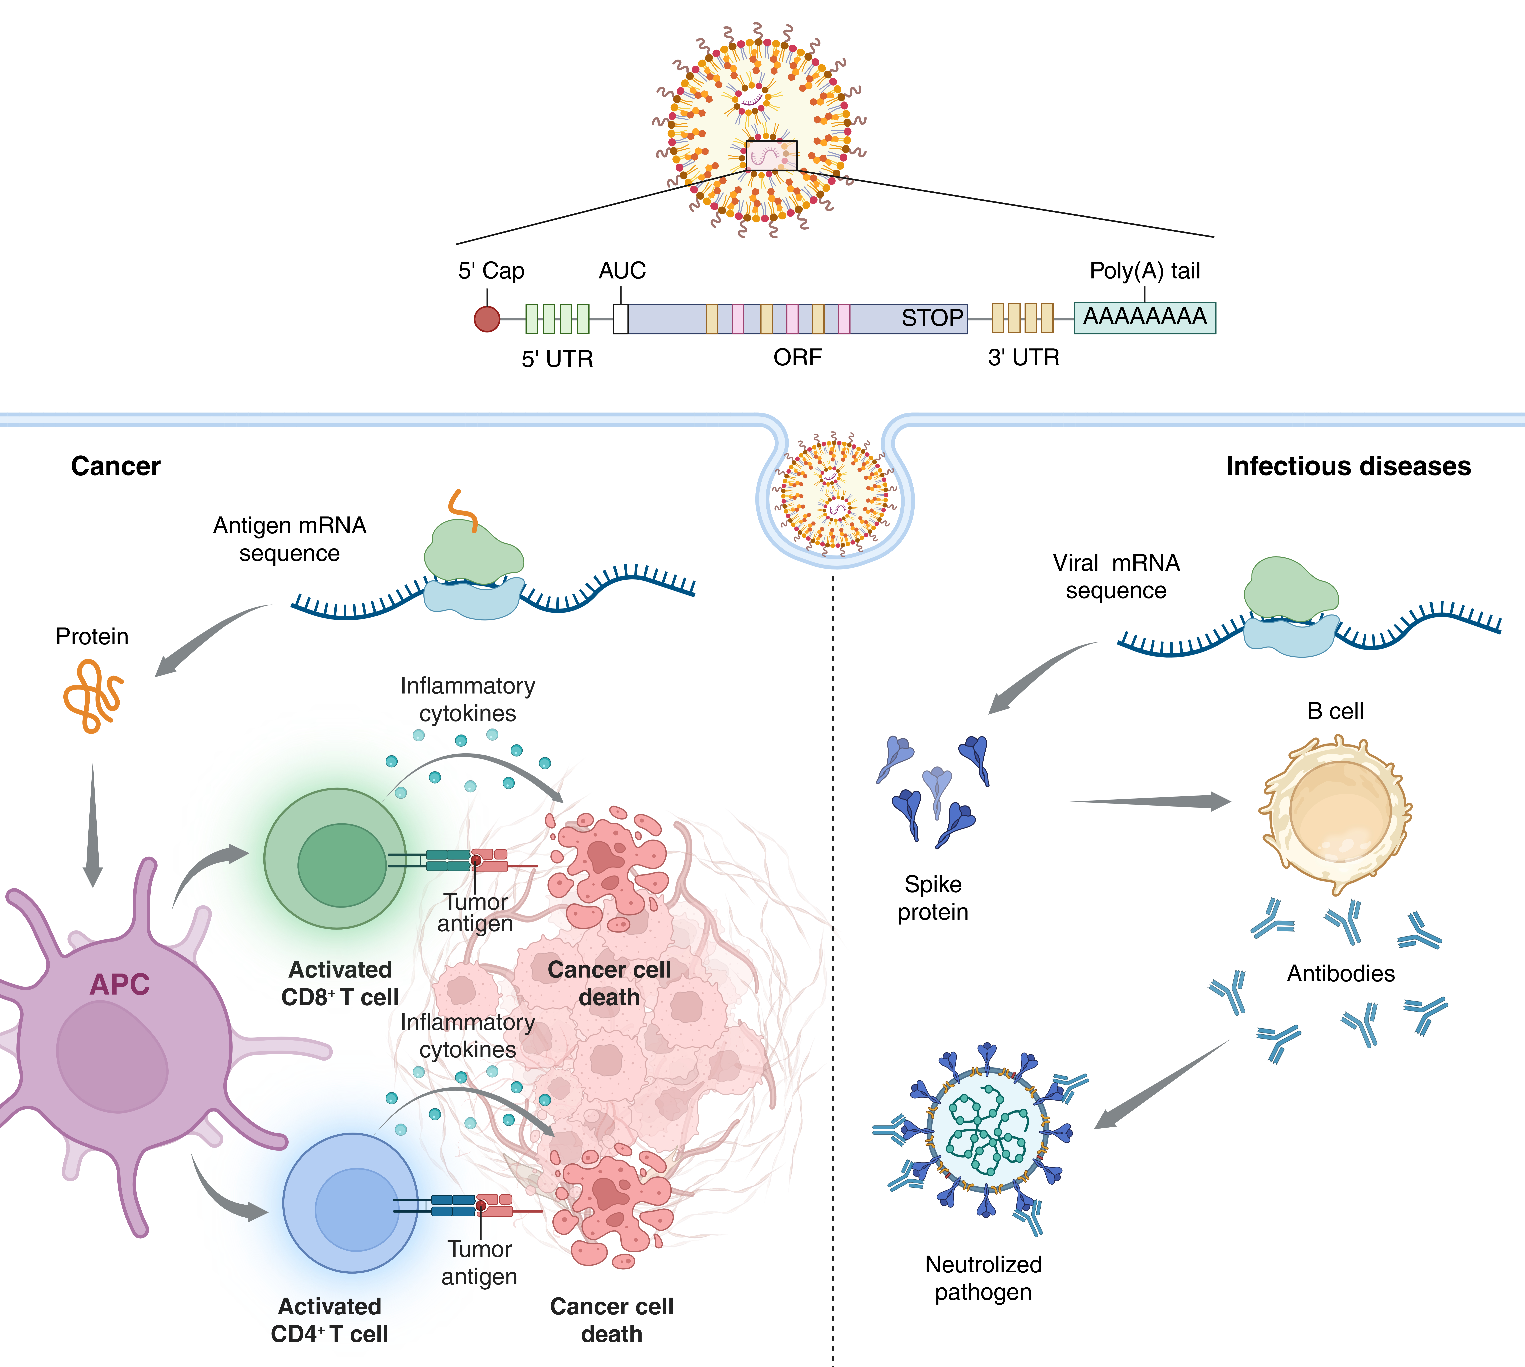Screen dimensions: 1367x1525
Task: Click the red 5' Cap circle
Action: pos(487,318)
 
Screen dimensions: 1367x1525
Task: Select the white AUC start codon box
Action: pos(620,318)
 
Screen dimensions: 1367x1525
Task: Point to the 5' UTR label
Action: pos(557,359)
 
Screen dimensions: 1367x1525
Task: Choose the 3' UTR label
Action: pos(1023,357)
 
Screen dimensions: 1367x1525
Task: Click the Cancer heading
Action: pos(116,466)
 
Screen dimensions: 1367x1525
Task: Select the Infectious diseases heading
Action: pos(1348,466)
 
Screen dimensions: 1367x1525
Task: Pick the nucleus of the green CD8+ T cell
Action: pos(342,865)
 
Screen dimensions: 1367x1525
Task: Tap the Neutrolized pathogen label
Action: pos(983,1278)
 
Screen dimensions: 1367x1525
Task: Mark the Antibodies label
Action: pos(1340,973)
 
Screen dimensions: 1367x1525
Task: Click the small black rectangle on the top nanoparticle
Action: pos(771,155)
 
